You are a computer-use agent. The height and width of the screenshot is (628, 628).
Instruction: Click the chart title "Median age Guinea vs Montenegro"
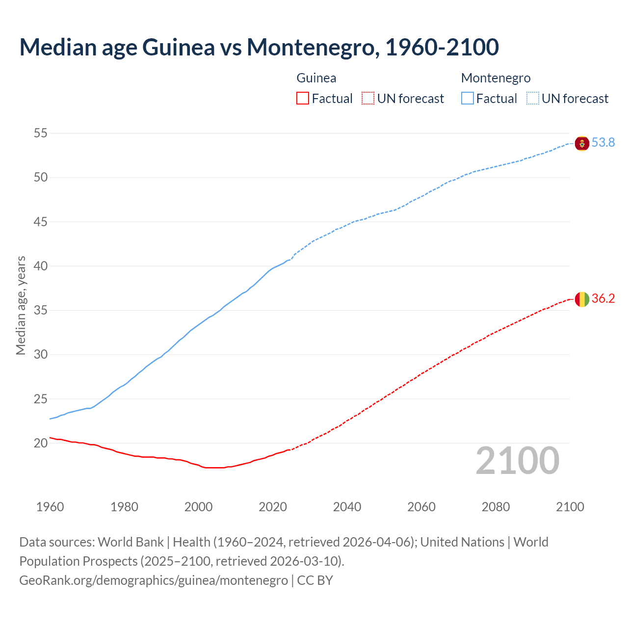pyautogui.click(x=259, y=47)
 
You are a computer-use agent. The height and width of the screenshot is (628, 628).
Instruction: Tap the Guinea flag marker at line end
pyautogui.click(x=582, y=299)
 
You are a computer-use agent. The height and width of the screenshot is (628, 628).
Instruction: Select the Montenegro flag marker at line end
pyautogui.click(x=582, y=143)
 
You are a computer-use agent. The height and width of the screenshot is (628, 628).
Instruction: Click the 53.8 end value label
pyautogui.click(x=603, y=143)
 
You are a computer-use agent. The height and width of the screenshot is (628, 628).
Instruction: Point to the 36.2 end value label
pyautogui.click(x=603, y=298)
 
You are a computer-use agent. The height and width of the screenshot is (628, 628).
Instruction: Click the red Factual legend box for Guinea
pyautogui.click(x=303, y=99)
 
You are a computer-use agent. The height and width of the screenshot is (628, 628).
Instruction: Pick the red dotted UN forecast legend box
pyautogui.click(x=368, y=99)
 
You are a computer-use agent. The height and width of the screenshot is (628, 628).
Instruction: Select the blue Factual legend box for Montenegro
pyautogui.click(x=467, y=99)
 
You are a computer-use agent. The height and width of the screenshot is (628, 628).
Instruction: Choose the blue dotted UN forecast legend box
pyautogui.click(x=532, y=99)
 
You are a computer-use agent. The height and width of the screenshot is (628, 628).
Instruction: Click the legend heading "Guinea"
pyautogui.click(x=316, y=78)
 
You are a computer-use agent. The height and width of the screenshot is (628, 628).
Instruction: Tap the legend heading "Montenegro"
pyautogui.click(x=496, y=78)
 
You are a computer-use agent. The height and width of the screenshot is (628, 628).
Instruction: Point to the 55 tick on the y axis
pyautogui.click(x=41, y=133)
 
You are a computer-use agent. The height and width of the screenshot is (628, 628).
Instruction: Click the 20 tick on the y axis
pyautogui.click(x=41, y=443)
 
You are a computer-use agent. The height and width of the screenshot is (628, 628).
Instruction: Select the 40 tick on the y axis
pyautogui.click(x=41, y=266)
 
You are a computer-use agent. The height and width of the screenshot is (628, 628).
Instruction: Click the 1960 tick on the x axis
pyautogui.click(x=50, y=507)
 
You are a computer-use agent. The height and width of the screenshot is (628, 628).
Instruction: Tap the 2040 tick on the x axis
pyautogui.click(x=347, y=507)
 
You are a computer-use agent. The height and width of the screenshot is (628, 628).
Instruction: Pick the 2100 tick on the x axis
pyautogui.click(x=570, y=507)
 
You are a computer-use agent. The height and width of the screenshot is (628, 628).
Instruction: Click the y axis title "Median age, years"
pyautogui.click(x=21, y=305)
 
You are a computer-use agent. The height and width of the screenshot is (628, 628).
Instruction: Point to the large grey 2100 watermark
pyautogui.click(x=518, y=461)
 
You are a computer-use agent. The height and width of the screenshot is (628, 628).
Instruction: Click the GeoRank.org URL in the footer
pyautogui.click(x=154, y=580)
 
